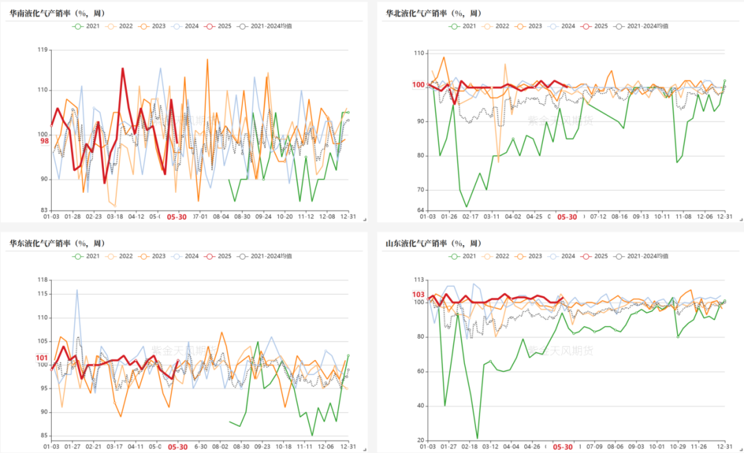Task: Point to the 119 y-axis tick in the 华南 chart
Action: [41, 50]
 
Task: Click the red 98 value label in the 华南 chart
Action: [44, 141]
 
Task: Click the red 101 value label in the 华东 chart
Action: [41, 358]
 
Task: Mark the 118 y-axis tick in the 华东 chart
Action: [41, 280]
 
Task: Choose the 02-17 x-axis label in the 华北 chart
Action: [471, 216]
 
